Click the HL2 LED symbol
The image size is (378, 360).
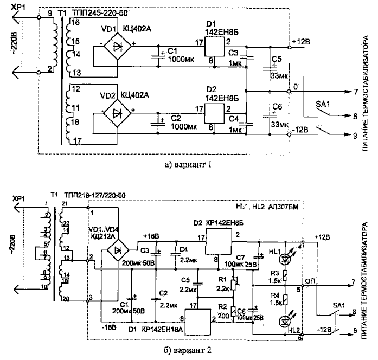coord(284,319)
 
